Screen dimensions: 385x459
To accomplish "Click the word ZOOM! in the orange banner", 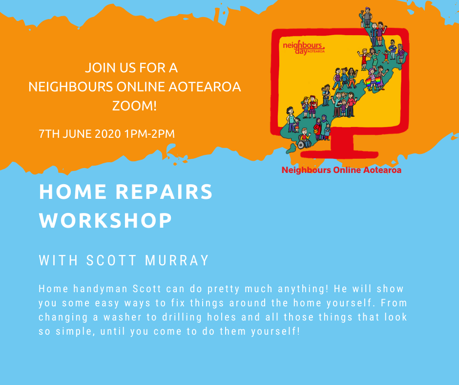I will pos(135,106).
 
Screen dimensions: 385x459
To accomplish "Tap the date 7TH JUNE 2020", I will pos(80,133).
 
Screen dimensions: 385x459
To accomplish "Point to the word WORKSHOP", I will pos(105,221).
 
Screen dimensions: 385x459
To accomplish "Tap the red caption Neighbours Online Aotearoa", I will pos(341,170).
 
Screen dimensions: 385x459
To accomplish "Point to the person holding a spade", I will pos(365,16).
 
